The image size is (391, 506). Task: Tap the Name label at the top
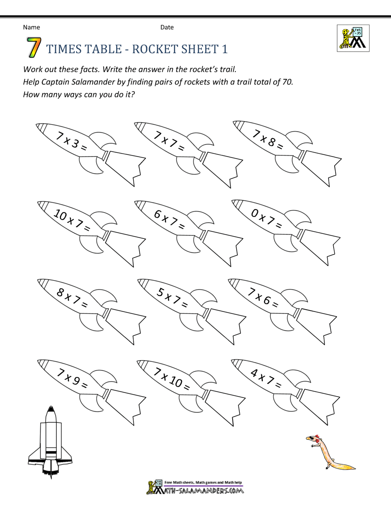pos(31,27)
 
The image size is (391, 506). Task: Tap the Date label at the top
pos(167,27)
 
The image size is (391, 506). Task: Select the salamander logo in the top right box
pos(353,38)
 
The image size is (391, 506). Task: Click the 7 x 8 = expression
pos(267,139)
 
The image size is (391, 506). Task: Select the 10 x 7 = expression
pos(71,219)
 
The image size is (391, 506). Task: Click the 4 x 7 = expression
pos(265,377)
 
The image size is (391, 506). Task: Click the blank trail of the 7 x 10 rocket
pos(223,405)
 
